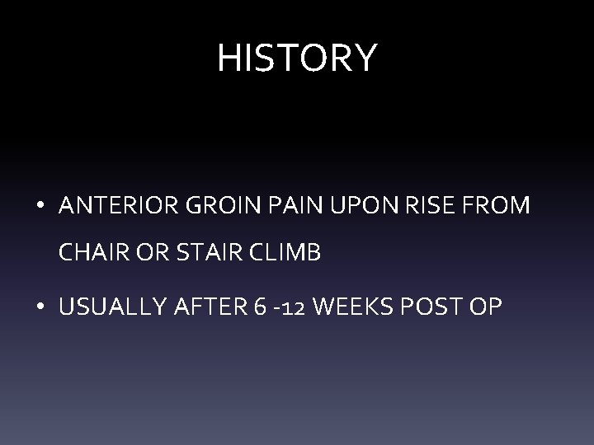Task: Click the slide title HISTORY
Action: tap(297, 58)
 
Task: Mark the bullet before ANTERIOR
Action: tap(40, 207)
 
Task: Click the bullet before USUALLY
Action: tap(40, 307)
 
